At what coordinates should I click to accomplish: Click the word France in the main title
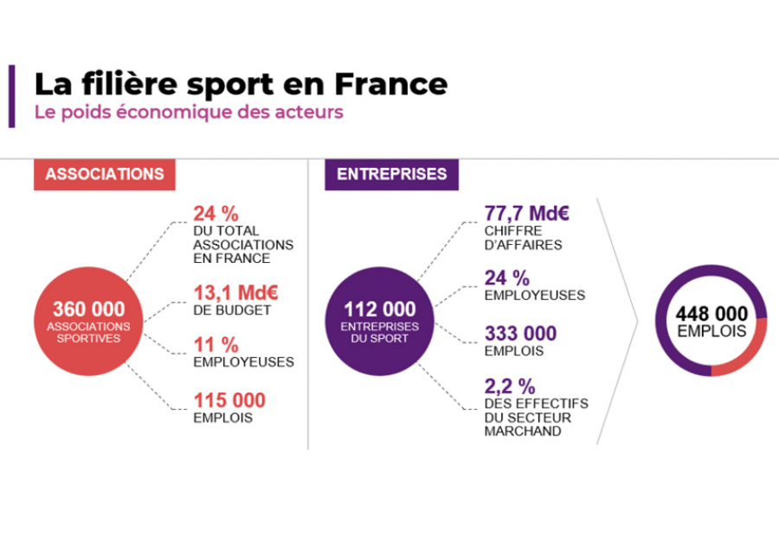(x=391, y=84)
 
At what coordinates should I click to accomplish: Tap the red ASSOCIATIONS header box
(x=105, y=174)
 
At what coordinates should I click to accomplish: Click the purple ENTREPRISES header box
(x=391, y=174)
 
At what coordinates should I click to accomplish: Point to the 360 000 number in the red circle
(x=89, y=310)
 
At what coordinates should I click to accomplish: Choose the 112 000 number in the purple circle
(x=380, y=310)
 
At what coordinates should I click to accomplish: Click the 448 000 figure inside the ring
(x=711, y=314)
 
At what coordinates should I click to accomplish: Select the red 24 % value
(x=216, y=214)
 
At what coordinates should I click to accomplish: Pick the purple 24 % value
(x=506, y=278)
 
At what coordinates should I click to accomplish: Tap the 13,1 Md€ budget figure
(x=235, y=293)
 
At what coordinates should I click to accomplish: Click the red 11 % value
(x=216, y=345)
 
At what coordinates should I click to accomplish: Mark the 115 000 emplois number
(x=229, y=400)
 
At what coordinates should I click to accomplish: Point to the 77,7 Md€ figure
(x=526, y=214)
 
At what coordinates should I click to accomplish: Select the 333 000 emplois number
(x=521, y=334)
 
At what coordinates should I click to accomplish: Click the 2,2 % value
(x=510, y=386)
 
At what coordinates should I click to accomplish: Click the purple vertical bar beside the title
(x=12, y=96)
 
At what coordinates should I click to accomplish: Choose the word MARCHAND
(x=523, y=432)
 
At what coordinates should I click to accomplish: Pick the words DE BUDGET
(x=232, y=310)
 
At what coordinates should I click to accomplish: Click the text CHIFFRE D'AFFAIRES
(x=523, y=238)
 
